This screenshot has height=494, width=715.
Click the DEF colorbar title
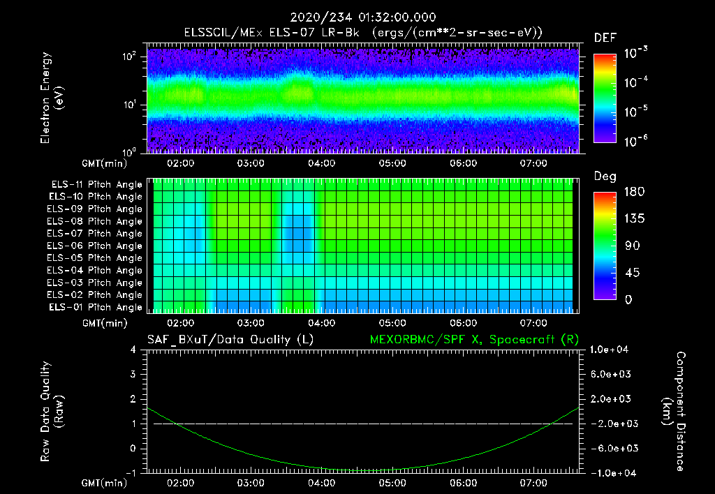click(x=605, y=38)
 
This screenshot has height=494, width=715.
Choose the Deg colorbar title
click(x=605, y=177)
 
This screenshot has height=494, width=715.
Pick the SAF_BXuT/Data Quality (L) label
click(x=230, y=339)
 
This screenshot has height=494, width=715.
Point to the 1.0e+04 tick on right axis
click(x=612, y=350)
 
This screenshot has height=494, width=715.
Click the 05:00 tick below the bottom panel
click(x=392, y=483)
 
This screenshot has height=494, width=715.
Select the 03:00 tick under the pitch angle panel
click(x=251, y=324)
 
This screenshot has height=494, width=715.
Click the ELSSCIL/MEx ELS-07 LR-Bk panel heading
click(x=363, y=33)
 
